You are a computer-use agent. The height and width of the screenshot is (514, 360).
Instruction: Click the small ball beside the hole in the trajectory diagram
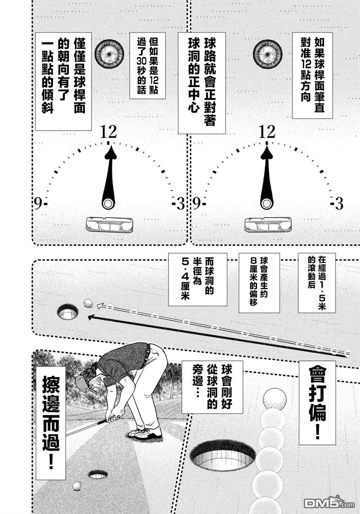(x=87, y=303)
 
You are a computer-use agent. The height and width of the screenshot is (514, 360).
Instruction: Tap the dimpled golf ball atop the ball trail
(x=275, y=399)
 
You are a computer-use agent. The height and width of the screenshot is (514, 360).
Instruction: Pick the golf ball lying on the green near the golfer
(x=77, y=486)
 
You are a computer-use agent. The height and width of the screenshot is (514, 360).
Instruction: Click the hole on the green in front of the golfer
(x=98, y=475)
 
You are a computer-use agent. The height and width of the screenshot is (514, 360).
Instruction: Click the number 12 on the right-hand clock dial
(x=267, y=132)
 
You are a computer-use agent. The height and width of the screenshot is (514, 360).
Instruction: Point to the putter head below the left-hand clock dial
(x=109, y=225)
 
